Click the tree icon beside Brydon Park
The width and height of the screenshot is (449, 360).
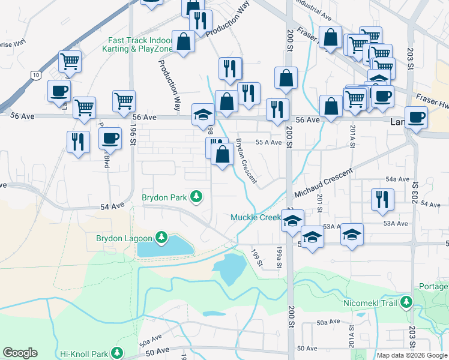tap(196, 196)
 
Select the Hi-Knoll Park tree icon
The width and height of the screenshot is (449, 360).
tap(118, 353)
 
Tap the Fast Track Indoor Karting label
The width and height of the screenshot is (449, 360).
tap(140, 44)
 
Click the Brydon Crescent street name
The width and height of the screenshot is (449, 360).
tap(246, 161)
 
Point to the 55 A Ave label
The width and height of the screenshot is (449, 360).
tap(268, 142)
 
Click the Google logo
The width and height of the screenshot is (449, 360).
tap(20, 353)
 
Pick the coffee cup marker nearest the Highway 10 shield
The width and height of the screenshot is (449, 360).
tap(59, 91)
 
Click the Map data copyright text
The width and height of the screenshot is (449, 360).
tap(411, 355)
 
